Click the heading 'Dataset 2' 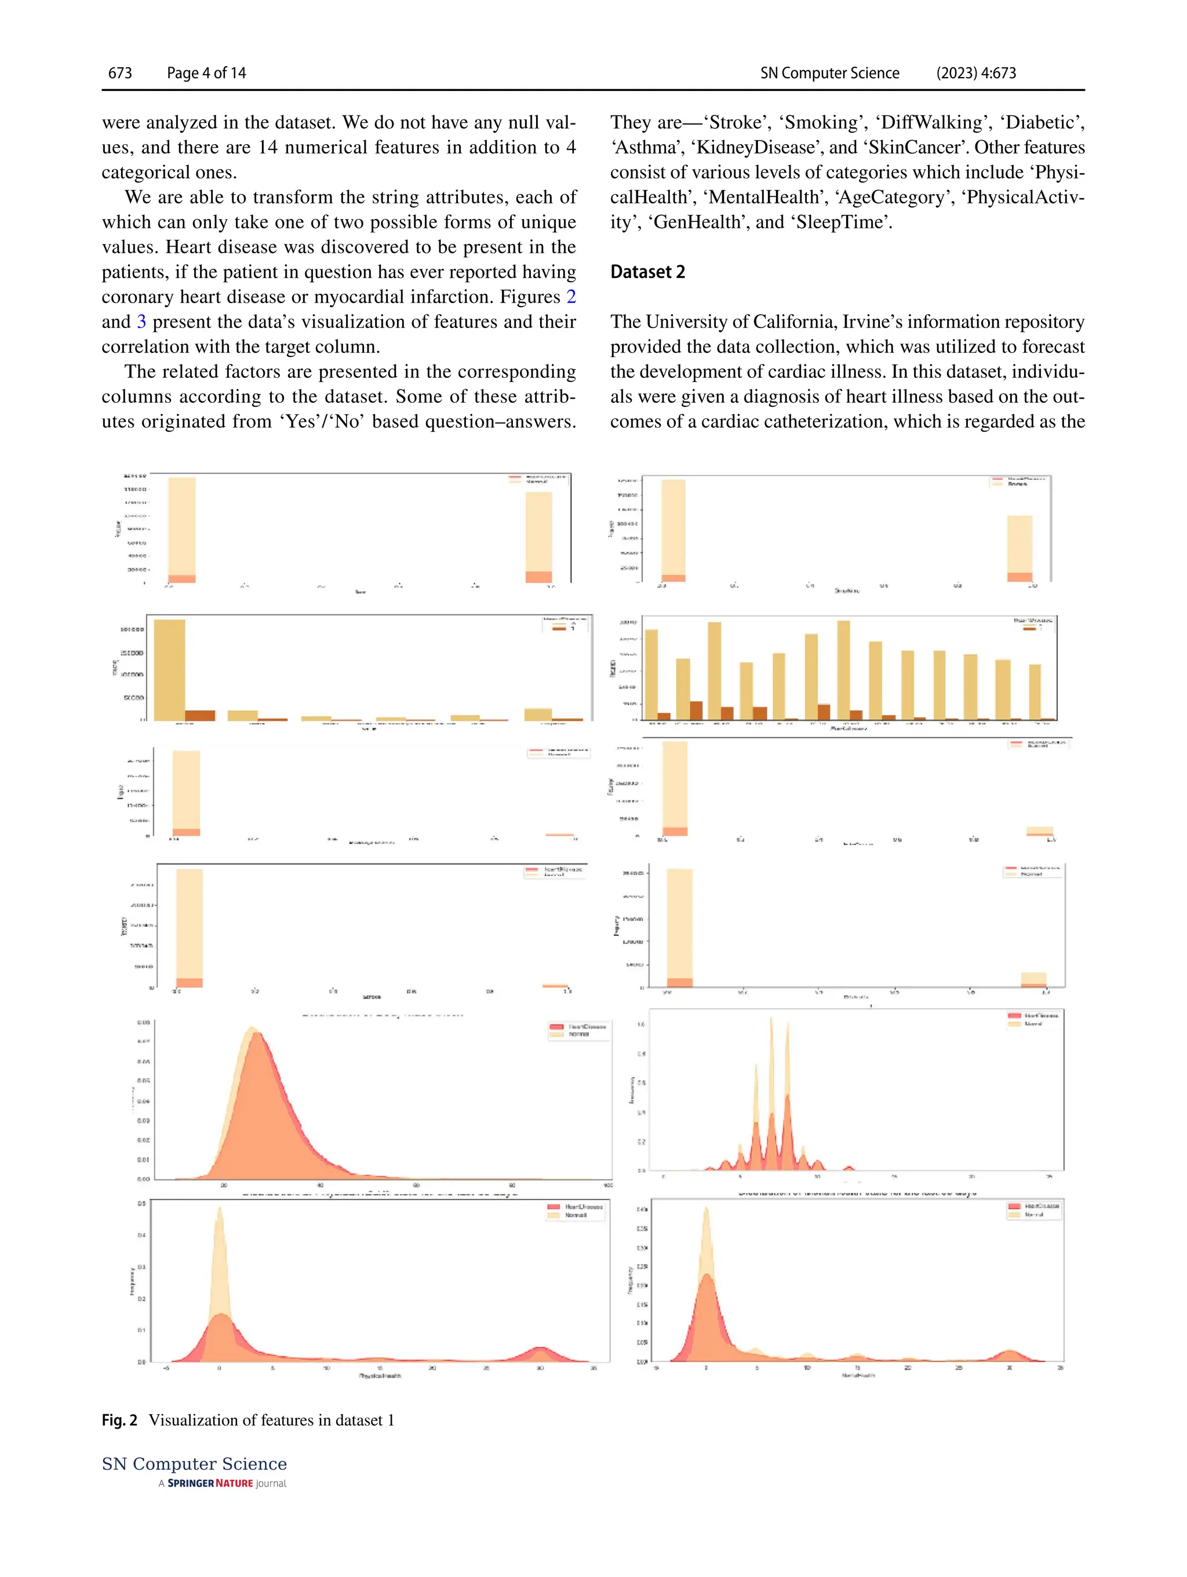pos(647,272)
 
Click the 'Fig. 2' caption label pos(119,1420)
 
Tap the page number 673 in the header pos(120,72)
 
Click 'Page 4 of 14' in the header pos(206,72)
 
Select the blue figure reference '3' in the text pos(141,322)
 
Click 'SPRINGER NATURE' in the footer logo pos(210,1483)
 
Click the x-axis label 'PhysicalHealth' pos(380,1376)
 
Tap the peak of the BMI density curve pos(251,1029)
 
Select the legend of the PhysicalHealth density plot pos(576,1211)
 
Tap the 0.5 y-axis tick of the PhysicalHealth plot pos(142,1203)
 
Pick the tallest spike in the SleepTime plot pos(771,1019)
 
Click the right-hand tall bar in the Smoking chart pos(1019,545)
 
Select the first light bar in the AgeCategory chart pos(651,670)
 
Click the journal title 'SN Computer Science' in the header pos(829,72)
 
